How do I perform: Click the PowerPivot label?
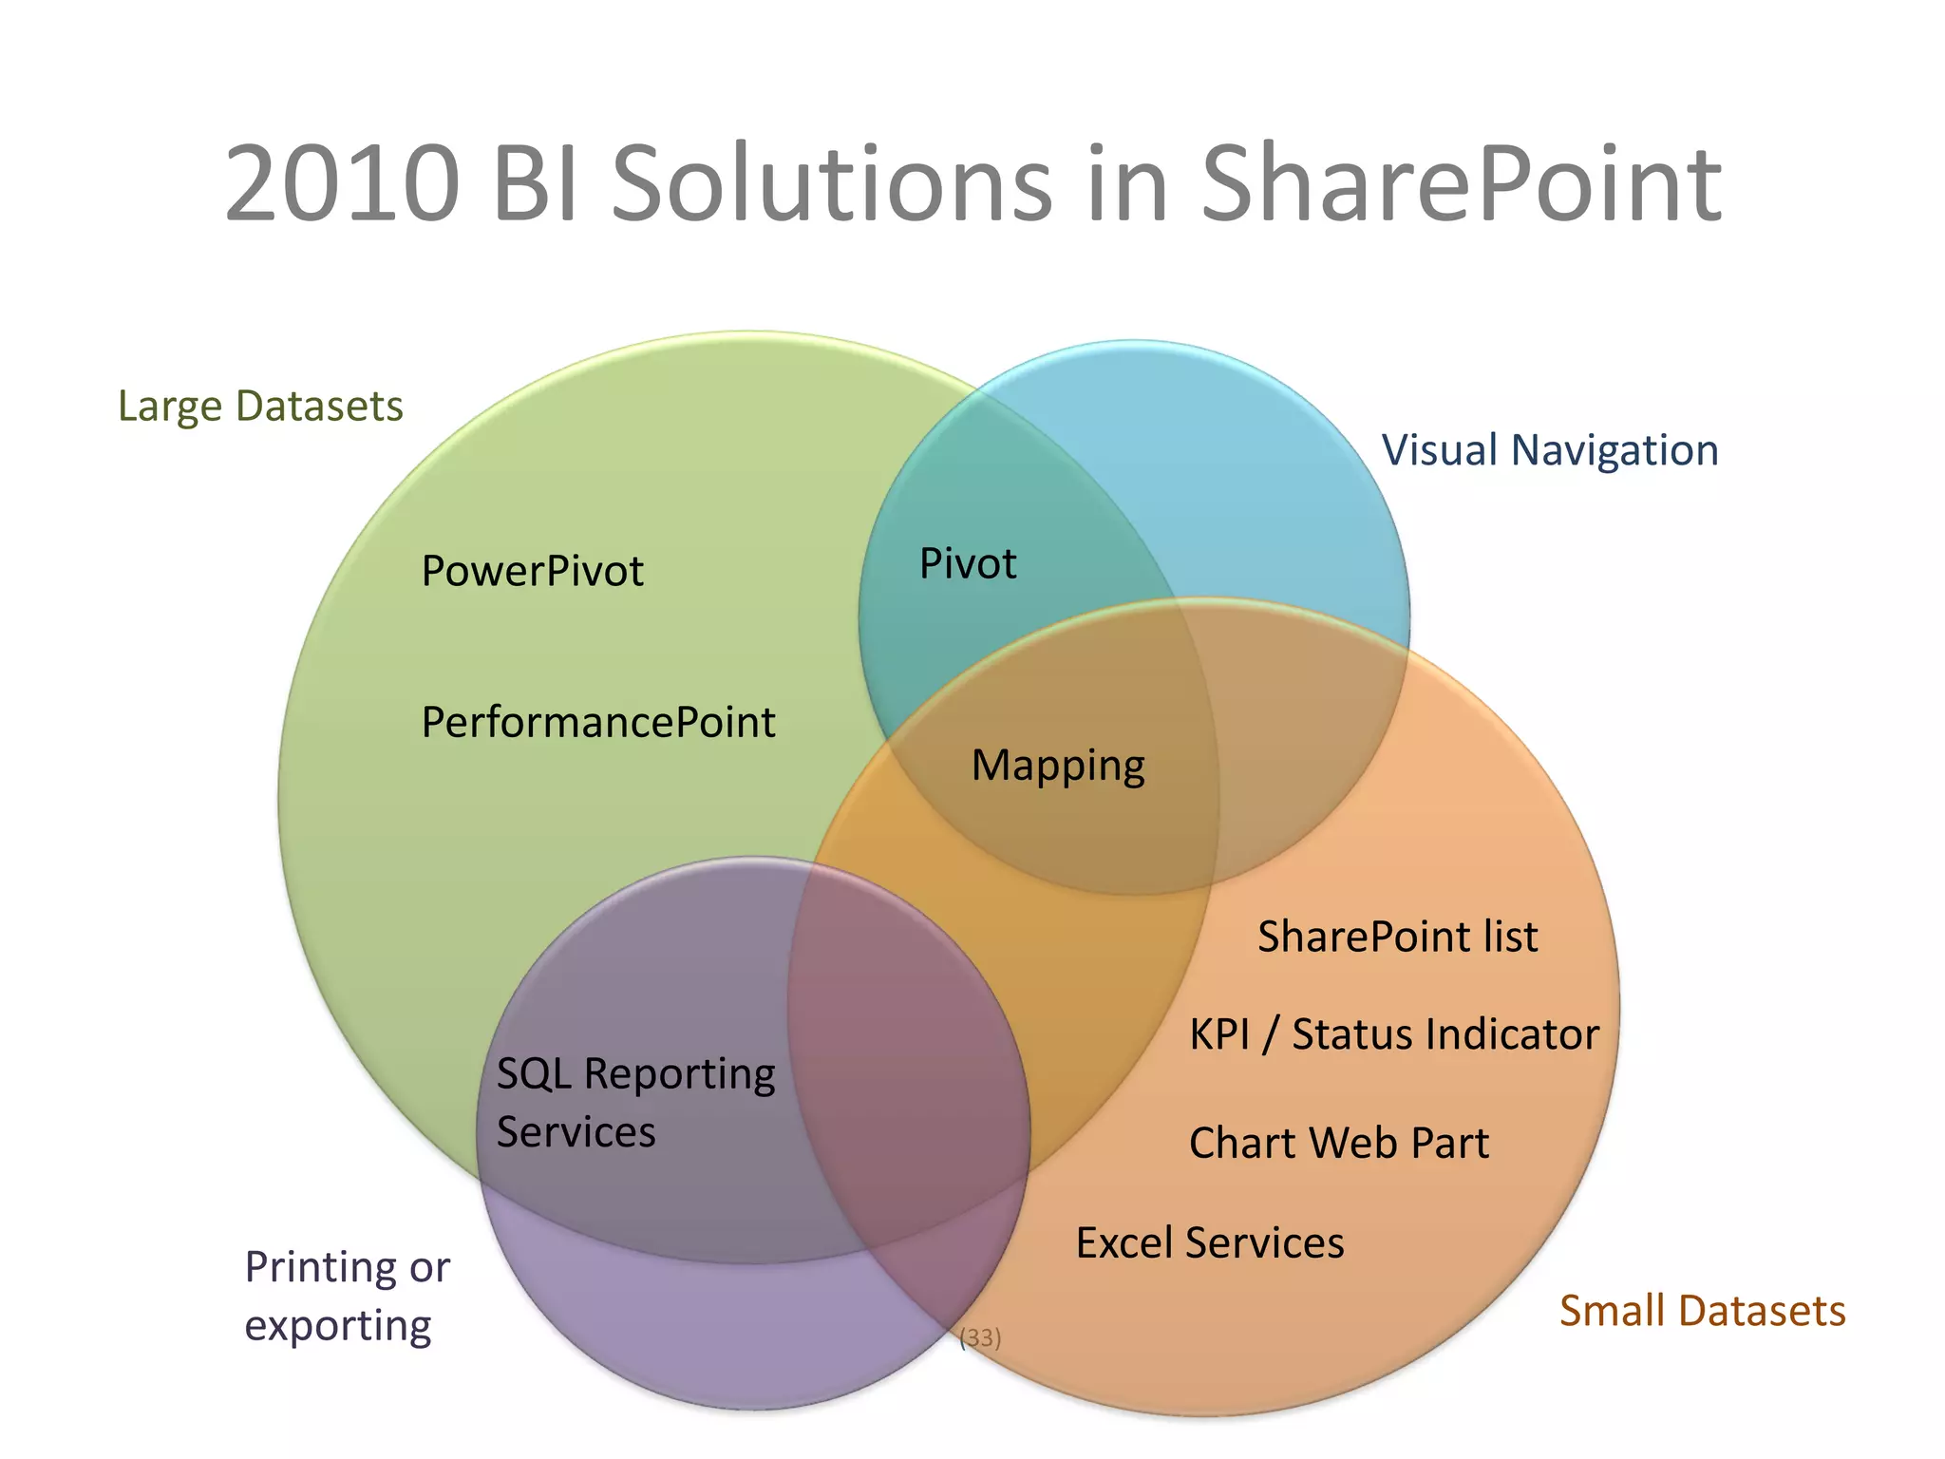(x=532, y=571)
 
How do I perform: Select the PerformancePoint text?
(x=598, y=723)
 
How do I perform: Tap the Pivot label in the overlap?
(x=968, y=564)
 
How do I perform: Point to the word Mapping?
(x=1058, y=766)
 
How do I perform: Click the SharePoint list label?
(x=1397, y=937)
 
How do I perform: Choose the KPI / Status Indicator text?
(x=1393, y=1034)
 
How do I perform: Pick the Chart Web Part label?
(x=1338, y=1143)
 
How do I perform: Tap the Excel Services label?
(x=1210, y=1242)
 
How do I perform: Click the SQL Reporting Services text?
(x=634, y=1103)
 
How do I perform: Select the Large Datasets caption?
(x=260, y=407)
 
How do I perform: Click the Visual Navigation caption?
(x=1549, y=450)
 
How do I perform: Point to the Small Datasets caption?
(x=1702, y=1311)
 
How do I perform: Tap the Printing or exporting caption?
(x=347, y=1296)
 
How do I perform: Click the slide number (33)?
(x=980, y=1338)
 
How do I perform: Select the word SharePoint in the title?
(x=1461, y=183)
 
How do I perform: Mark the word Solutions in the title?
(x=831, y=183)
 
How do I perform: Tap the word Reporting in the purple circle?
(x=679, y=1074)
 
